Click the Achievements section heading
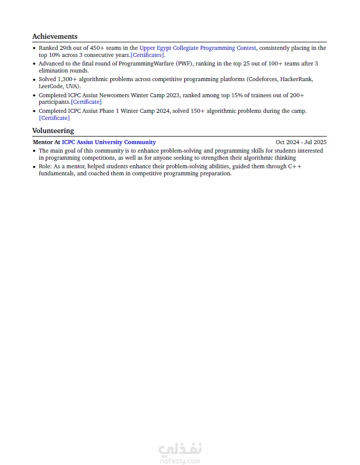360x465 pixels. (55, 36)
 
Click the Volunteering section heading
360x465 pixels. (53, 130)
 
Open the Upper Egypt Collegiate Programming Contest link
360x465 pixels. (197, 48)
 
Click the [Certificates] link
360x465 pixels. (148, 55)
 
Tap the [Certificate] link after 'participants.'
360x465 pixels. (86, 102)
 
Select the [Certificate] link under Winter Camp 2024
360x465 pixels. (54, 118)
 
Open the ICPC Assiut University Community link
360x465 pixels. (109, 142)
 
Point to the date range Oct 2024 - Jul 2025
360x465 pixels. (301, 142)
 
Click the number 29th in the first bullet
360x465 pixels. (66, 48)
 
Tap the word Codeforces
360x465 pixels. (262, 79)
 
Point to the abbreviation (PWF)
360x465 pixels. (184, 63)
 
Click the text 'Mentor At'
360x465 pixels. (46, 142)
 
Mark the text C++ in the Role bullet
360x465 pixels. (295, 166)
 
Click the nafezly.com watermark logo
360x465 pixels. (180, 452)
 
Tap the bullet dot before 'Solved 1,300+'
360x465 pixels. (34, 80)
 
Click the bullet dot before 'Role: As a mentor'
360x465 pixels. (34, 167)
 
